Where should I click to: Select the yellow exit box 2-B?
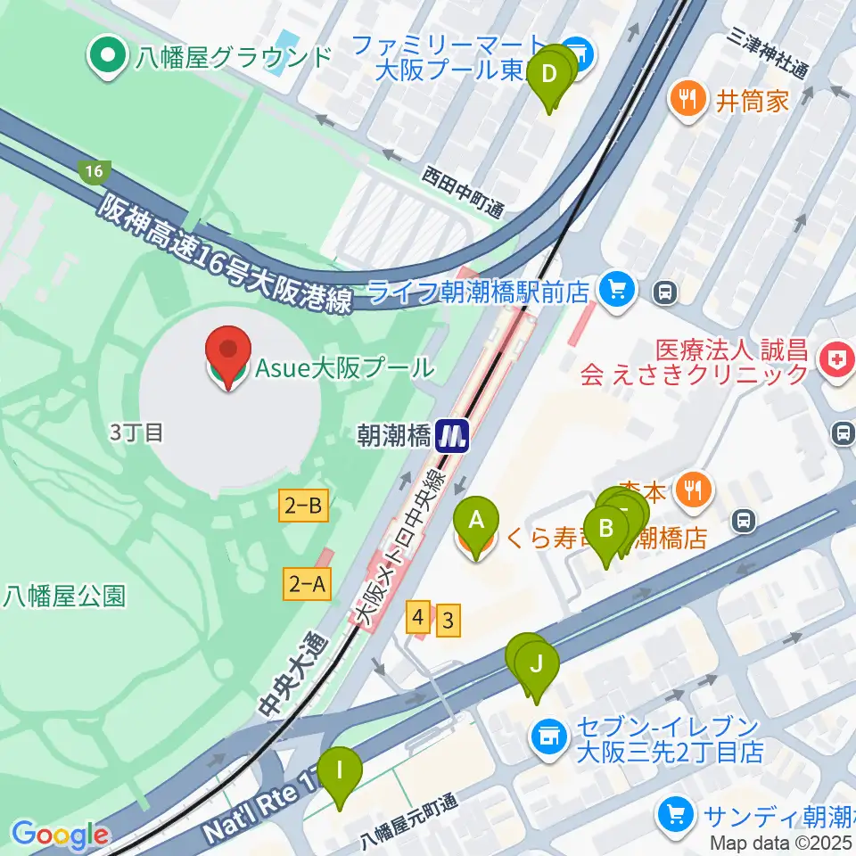click(303, 507)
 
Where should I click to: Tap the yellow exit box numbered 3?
click(449, 621)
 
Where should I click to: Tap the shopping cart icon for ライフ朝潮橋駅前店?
click(615, 290)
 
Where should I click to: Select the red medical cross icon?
click(834, 358)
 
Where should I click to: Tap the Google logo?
click(61, 835)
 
